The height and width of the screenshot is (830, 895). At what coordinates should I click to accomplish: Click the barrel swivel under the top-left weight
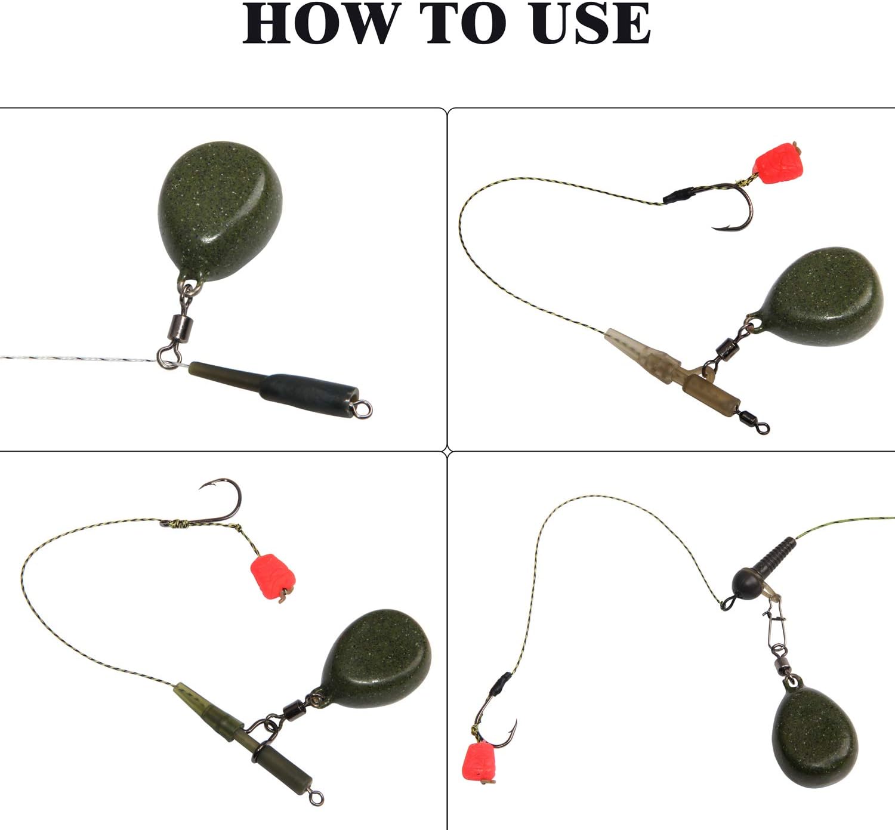pyautogui.click(x=177, y=327)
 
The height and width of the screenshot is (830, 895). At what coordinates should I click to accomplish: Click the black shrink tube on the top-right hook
pyautogui.click(x=679, y=195)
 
